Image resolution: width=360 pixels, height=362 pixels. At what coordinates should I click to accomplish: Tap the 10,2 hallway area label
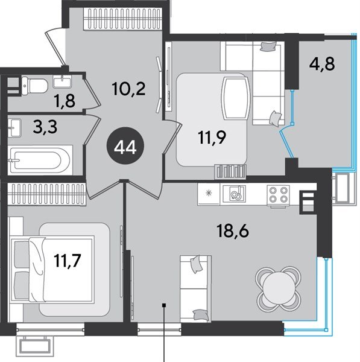coord(129,89)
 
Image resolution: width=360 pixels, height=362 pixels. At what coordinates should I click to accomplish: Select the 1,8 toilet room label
coord(65,101)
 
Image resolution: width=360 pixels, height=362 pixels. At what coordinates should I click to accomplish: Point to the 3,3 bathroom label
coord(45,127)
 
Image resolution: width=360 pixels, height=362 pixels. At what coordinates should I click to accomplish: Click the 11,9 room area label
coord(212,138)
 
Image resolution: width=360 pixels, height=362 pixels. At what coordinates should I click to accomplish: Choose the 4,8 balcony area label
coord(322,64)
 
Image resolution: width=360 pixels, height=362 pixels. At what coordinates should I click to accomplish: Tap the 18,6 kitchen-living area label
coord(233,231)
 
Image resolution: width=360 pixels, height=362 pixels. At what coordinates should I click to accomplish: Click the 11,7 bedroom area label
coord(68,260)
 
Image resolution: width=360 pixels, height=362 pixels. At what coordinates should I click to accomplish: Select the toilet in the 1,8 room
coord(35,86)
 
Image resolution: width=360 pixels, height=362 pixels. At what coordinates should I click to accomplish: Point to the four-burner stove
coord(278,195)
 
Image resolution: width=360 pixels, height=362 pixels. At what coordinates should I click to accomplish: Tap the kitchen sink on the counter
coord(234,194)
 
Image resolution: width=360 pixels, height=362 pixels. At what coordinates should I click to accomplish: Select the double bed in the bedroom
coord(52,269)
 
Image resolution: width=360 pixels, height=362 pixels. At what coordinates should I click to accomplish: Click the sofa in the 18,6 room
coord(195,288)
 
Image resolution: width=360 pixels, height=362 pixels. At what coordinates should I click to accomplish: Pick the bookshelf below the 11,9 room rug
coord(230,171)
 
